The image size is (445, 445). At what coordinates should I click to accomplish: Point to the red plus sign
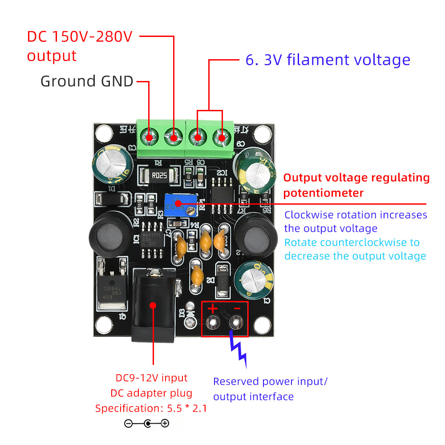(x=212, y=308)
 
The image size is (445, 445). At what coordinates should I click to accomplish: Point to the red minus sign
(x=237, y=308)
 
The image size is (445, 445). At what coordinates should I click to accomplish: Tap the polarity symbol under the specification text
(x=146, y=424)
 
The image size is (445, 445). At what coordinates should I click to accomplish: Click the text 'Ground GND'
(x=87, y=81)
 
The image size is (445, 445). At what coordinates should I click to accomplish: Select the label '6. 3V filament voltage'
(x=328, y=60)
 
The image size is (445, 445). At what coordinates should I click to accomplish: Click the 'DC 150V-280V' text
(x=80, y=36)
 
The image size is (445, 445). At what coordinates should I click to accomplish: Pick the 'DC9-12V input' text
(x=151, y=378)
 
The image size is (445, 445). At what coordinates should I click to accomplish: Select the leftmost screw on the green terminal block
(x=149, y=136)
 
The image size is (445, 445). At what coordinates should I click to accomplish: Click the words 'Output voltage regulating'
(x=356, y=178)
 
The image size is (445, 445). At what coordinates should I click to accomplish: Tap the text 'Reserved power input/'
(x=270, y=382)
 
